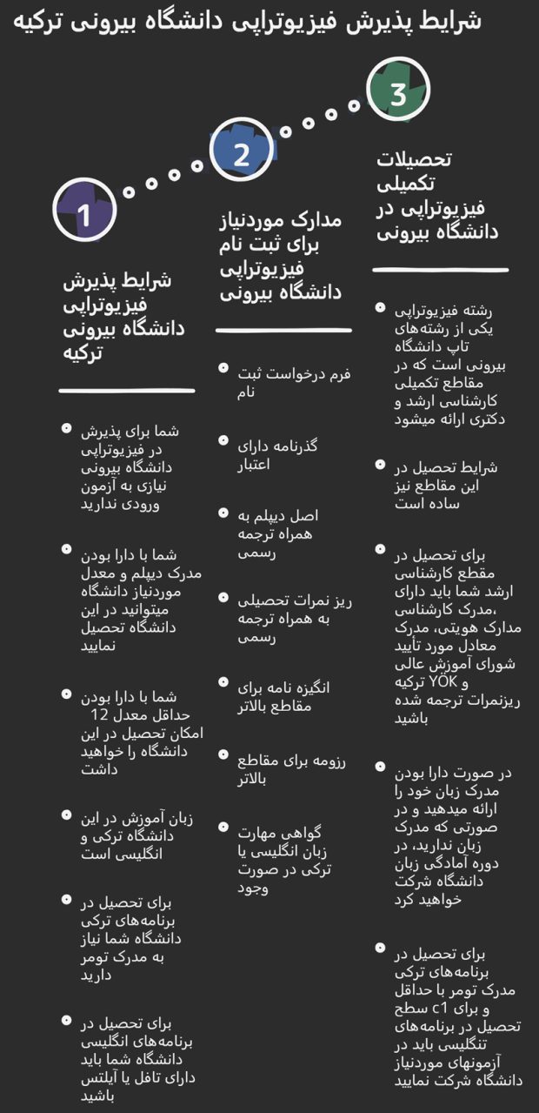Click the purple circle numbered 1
[84, 210]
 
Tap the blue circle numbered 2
[242, 151]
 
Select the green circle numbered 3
[398, 92]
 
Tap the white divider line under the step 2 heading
[283, 330]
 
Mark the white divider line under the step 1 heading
[127, 390]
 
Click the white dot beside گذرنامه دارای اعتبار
[223, 442]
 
